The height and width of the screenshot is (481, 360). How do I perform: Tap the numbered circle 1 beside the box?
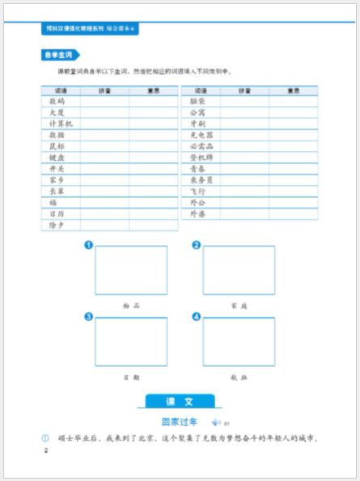click(x=88, y=245)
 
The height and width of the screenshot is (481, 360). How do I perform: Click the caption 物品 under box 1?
click(x=131, y=306)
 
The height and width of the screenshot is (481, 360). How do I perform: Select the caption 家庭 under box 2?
click(x=238, y=306)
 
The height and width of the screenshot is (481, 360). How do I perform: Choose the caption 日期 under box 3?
click(x=131, y=377)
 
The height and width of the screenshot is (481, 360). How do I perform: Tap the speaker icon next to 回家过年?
click(x=216, y=422)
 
